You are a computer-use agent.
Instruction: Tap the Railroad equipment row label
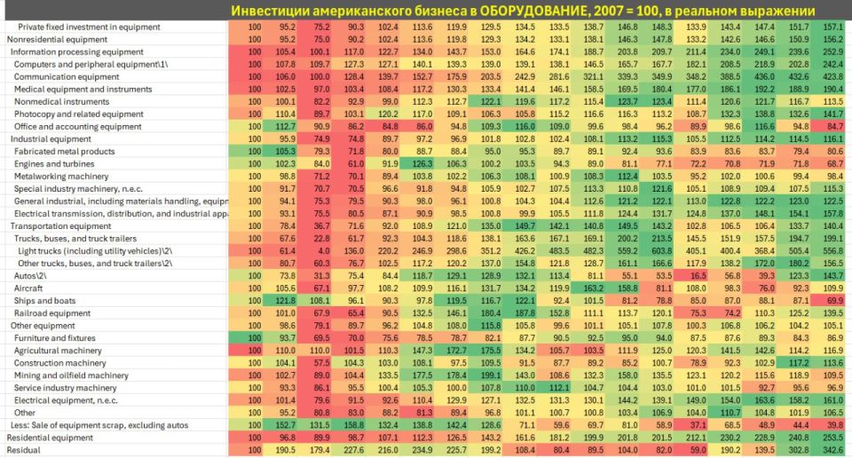52,313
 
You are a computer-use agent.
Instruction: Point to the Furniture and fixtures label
54,338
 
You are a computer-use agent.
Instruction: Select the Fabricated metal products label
65,152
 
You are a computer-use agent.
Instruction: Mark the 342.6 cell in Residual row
831,450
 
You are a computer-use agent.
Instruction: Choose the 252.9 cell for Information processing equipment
831,52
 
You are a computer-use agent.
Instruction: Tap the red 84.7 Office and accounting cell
831,127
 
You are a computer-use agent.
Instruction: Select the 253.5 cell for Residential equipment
831,438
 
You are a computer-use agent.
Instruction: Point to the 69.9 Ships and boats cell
831,301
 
